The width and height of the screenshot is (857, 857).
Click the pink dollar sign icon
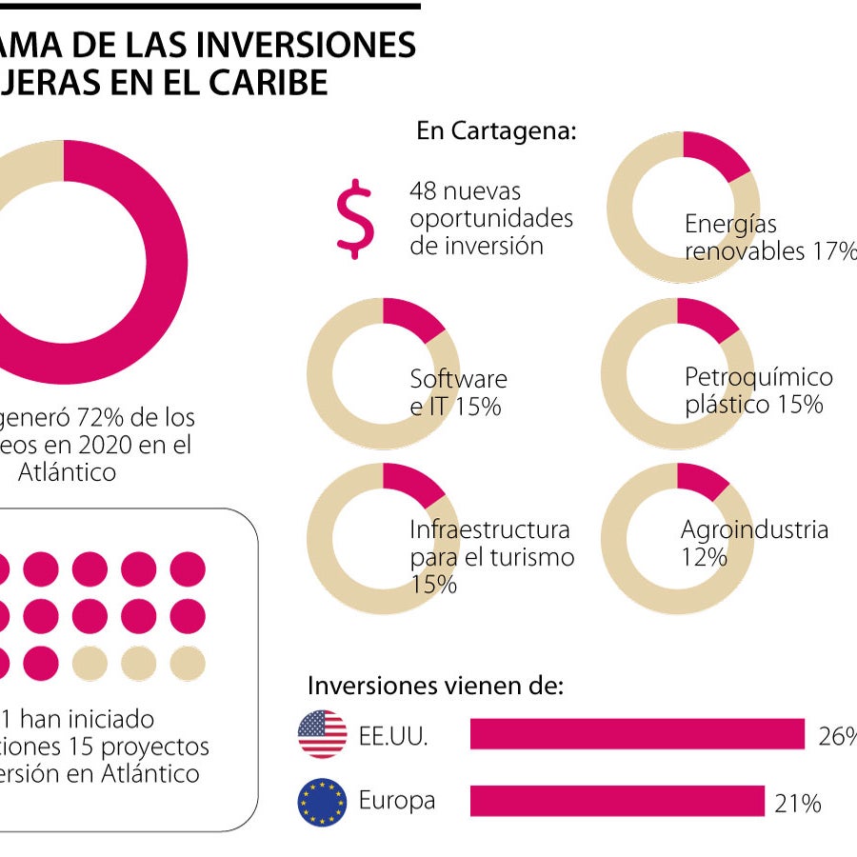click(x=355, y=219)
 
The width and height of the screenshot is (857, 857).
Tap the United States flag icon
click(x=322, y=734)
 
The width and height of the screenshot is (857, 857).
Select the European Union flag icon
click(x=322, y=801)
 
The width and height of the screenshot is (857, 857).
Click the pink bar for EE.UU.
click(x=637, y=734)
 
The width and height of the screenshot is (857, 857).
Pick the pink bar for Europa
click(x=617, y=801)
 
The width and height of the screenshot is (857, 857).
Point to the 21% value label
click(x=797, y=804)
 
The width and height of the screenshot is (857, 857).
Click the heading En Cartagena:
click(x=495, y=130)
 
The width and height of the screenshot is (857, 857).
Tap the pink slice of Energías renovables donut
click(x=715, y=153)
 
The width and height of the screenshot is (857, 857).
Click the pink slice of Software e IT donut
click(x=410, y=318)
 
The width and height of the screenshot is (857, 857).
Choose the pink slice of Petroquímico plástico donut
click(x=706, y=318)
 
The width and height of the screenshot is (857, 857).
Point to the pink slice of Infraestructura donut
click(x=410, y=483)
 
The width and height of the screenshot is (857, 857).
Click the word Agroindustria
click(x=754, y=529)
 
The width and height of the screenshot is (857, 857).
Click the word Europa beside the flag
click(x=396, y=800)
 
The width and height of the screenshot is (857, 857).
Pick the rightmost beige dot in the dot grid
click(x=187, y=664)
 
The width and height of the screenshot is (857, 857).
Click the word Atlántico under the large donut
click(x=67, y=471)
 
